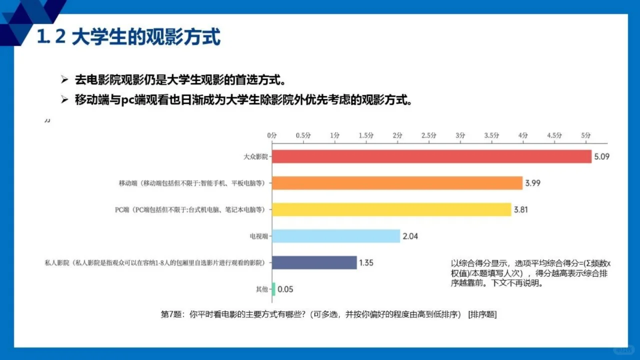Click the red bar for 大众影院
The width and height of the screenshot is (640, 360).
pos(431,156)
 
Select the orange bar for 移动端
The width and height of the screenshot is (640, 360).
pos(397,183)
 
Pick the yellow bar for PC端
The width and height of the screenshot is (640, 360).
pos(391,209)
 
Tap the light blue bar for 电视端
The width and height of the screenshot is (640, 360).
pos(336,236)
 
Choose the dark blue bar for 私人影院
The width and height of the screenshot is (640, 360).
pos(314,262)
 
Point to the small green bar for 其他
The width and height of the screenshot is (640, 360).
pos(273,289)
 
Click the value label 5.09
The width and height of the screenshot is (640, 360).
pos(602,156)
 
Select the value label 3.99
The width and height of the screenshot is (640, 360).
pos(532,183)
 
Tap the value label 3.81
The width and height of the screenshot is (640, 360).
pos(521,209)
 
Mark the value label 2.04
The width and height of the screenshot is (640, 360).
pos(410,236)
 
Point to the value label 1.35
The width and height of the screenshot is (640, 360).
pos(366,262)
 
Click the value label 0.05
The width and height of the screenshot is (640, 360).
pos(285,289)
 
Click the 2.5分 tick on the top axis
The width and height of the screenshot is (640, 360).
pos(429,135)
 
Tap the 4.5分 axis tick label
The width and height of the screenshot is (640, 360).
pos(554,135)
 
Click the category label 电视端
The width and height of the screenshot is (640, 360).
pos(258,236)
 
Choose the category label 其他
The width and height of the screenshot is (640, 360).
pos(261,289)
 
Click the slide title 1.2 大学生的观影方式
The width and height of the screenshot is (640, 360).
pos(128,37)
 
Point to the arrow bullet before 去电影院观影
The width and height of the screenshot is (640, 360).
pos(64,80)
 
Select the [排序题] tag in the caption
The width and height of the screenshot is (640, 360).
pos(482,314)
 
